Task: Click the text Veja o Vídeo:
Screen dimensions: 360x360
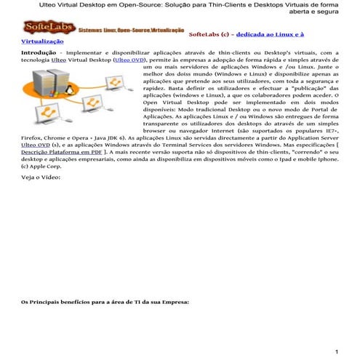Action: point(41,197)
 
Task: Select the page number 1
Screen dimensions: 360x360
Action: point(336,352)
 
